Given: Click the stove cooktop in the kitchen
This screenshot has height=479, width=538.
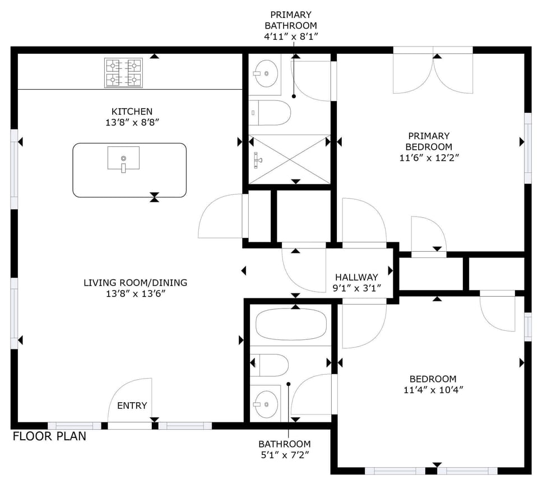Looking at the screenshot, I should coord(123,73).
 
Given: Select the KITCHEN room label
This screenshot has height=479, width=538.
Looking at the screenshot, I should coord(132,112).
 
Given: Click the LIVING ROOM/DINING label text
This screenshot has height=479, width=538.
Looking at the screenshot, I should coord(135,283).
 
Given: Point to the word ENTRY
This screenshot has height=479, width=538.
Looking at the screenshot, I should coord(132,406).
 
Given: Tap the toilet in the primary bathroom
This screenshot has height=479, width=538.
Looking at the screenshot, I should coord(271,114).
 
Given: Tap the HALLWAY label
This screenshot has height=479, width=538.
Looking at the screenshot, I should coord(356,277).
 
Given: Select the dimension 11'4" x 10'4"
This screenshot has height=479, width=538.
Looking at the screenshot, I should coord(433,389).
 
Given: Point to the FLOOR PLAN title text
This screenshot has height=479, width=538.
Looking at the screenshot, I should coord(49,436).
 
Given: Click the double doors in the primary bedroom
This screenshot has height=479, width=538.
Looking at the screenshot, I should coord(433,73).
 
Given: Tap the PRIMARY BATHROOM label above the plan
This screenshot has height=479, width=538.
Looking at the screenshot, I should coord(290,20).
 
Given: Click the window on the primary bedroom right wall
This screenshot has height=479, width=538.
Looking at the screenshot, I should coord(527,148).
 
